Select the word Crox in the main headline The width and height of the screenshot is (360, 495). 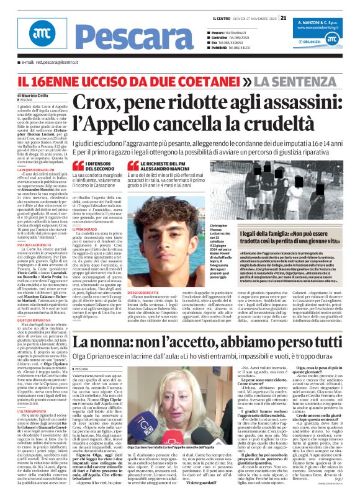pyautogui.click(x=101, y=99)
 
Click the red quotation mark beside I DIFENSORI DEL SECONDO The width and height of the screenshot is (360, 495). pyautogui.click(x=77, y=164)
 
